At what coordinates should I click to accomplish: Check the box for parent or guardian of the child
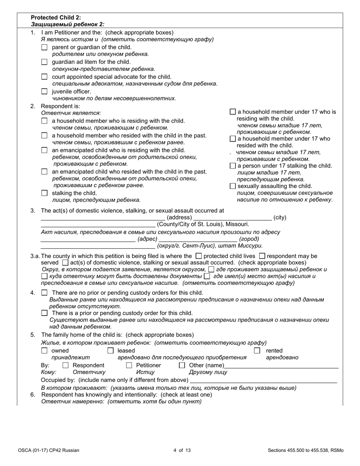44,47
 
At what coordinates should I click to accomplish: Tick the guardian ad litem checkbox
44,62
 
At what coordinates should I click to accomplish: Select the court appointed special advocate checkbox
44,77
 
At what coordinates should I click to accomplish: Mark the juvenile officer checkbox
44,91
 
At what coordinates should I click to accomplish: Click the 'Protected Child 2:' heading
56,17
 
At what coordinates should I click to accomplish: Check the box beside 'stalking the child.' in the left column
44,193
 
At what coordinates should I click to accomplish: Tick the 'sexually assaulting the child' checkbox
233,186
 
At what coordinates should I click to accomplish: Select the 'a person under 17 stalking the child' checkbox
233,166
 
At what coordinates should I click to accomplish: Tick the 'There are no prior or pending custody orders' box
44,293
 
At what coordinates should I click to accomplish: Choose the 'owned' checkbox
44,351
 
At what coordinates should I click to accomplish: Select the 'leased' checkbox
111,351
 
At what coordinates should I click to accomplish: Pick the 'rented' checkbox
257,351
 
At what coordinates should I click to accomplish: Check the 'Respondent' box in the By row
66,366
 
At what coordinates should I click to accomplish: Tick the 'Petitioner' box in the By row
129,366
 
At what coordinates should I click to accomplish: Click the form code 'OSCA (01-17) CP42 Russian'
49,450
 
